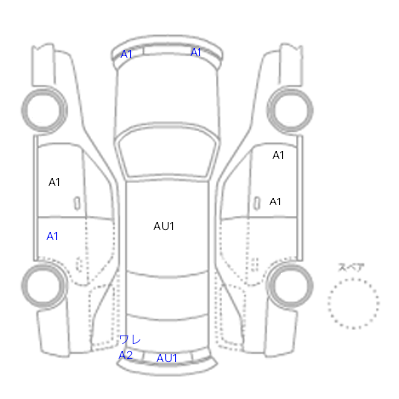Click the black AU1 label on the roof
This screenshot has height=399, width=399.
(x=164, y=226)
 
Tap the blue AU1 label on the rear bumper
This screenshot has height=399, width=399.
(x=167, y=358)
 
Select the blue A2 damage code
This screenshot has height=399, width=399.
(x=126, y=355)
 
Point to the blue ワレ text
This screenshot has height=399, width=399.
(x=130, y=340)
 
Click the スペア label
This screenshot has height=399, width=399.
(x=351, y=267)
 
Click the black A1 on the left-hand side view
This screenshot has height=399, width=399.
(x=54, y=182)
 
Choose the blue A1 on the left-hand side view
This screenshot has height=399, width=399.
(x=52, y=236)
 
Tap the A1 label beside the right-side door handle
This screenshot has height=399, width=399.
(x=275, y=201)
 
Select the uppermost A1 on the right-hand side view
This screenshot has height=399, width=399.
(x=278, y=155)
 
